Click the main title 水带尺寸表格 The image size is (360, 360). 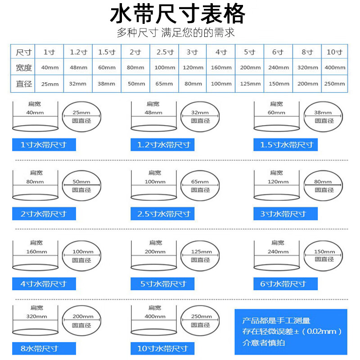click(178, 14)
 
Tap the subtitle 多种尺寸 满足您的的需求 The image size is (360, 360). click(175, 33)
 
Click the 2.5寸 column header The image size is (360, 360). click(164, 52)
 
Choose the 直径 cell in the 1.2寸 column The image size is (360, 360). click(77, 84)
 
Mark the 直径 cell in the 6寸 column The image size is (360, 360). click(279, 84)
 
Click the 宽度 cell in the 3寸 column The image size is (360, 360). click(193, 68)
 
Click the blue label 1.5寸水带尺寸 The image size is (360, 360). click(286, 145)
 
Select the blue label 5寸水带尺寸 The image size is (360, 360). click(164, 284)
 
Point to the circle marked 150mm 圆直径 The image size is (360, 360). click(324, 255)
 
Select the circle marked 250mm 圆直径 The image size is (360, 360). click(200, 320)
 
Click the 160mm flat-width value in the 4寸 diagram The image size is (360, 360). click(36, 252)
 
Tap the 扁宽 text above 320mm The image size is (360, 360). click(36, 308)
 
